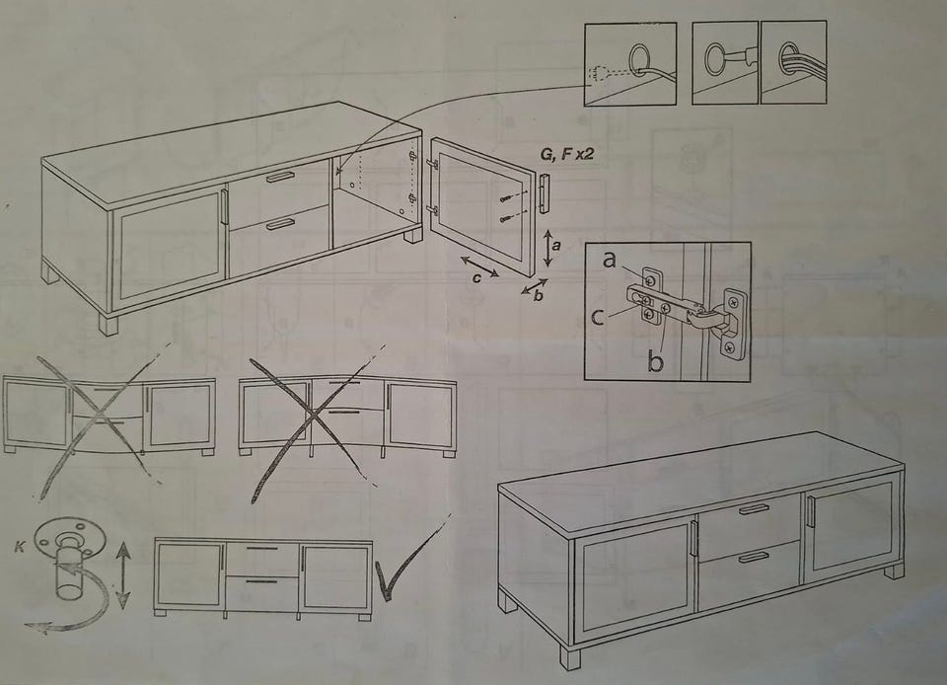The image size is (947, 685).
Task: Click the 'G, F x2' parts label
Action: [x=566, y=154]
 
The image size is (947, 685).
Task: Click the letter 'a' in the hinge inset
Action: [x=610, y=260]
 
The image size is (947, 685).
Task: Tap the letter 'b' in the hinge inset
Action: [x=656, y=360]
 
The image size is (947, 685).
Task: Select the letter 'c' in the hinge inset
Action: [x=598, y=317]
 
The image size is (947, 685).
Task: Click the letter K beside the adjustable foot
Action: [x=20, y=548]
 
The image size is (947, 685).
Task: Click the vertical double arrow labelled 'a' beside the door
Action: [x=547, y=249]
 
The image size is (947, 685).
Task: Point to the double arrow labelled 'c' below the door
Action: [x=480, y=267]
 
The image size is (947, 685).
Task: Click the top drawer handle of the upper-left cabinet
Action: [x=279, y=177]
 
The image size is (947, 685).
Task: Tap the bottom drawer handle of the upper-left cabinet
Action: [x=281, y=225]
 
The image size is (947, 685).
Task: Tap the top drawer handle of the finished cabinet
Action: [x=755, y=508]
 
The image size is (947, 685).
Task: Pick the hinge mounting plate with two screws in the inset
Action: [x=733, y=323]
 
